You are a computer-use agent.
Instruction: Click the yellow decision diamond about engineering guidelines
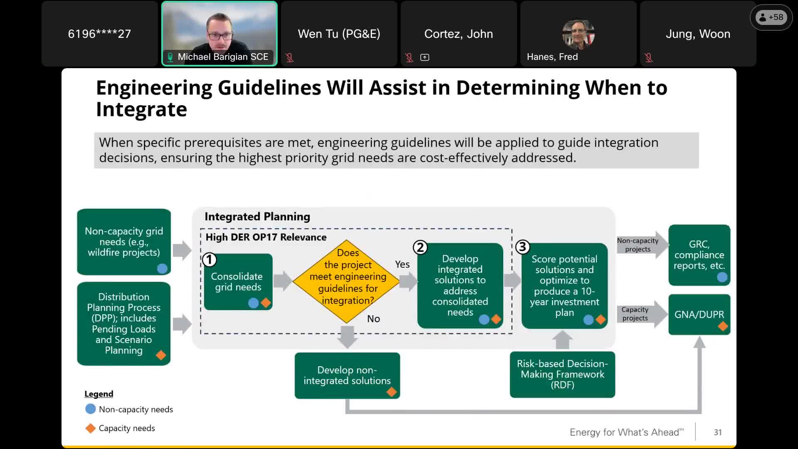(346, 281)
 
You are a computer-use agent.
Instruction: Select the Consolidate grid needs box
(238, 281)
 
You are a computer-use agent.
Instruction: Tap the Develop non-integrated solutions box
(347, 375)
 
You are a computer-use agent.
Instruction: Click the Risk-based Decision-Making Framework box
(562, 374)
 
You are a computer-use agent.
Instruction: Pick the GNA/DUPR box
(699, 314)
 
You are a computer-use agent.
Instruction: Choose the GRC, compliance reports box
(699, 255)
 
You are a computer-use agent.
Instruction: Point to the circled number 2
(420, 247)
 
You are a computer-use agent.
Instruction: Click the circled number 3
(523, 247)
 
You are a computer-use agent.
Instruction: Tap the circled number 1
(209, 260)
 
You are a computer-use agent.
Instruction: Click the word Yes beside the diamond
(402, 264)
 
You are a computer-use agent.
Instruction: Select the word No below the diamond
(373, 319)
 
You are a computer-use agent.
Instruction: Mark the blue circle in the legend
(90, 409)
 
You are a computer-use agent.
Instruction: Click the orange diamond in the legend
(90, 428)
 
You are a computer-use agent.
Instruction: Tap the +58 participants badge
(771, 17)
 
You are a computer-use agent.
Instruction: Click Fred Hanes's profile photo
(578, 34)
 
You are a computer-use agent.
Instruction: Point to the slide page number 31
(718, 432)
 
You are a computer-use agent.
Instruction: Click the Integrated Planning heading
(257, 217)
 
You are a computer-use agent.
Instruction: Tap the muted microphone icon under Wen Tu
(290, 58)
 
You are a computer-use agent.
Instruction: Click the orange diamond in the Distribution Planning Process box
(161, 355)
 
